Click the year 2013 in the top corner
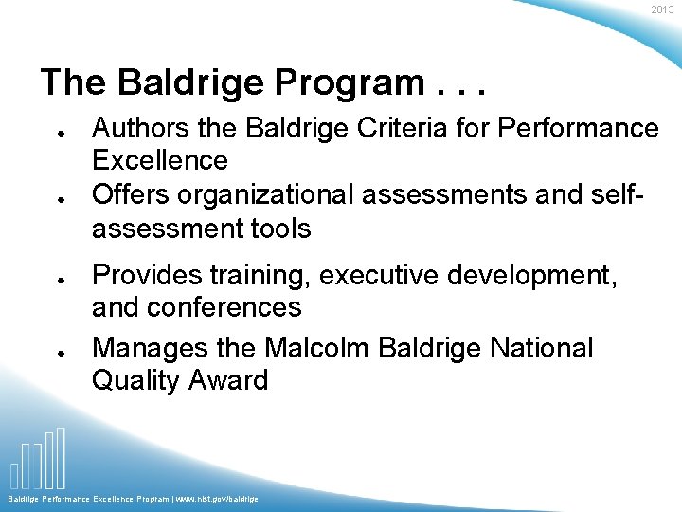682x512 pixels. pos(662,9)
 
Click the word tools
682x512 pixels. pos(277,229)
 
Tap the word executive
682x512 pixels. pos(380,275)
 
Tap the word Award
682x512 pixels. pos(226,381)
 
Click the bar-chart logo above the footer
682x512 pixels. pos(38,459)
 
